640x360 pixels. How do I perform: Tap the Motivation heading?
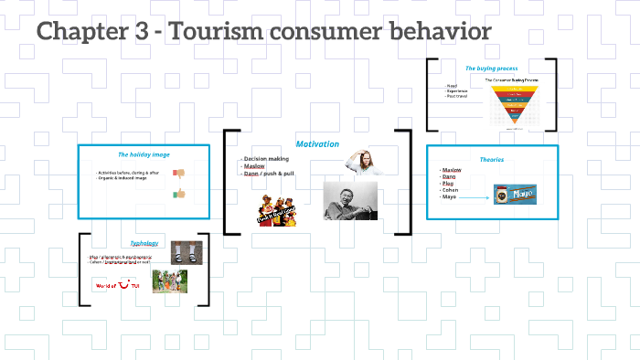tap(317, 144)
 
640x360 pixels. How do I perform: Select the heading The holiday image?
tap(144, 154)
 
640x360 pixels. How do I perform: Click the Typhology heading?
tap(144, 243)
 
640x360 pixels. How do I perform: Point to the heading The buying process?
tap(491, 69)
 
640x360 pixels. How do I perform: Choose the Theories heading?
tap(492, 159)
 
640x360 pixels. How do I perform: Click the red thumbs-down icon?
tap(178, 173)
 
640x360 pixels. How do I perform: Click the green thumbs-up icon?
tap(178, 194)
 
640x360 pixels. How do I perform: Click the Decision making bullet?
tap(265, 158)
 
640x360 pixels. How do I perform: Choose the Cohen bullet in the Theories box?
tap(451, 190)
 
